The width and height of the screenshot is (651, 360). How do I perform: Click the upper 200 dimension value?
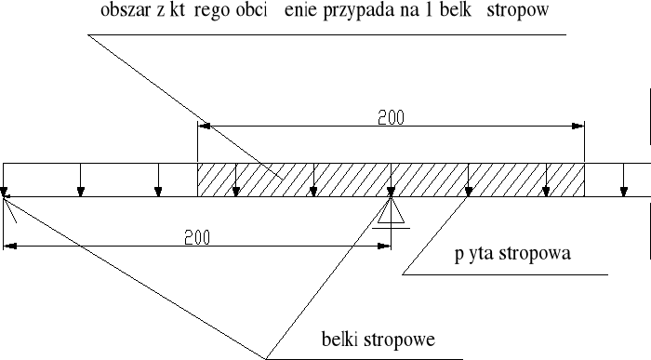click(390, 118)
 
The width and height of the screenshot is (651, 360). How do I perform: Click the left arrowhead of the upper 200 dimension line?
click(204, 126)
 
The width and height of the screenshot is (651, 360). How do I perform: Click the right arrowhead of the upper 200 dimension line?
click(579, 126)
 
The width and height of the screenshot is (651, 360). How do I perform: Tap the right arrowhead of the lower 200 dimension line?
click(385, 246)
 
